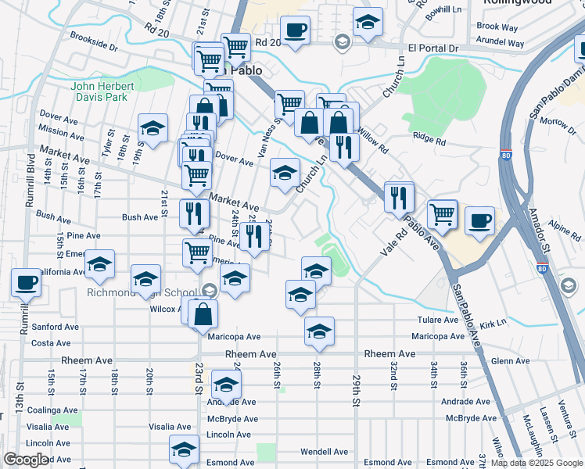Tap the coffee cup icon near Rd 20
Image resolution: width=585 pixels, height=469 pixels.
coord(295,31)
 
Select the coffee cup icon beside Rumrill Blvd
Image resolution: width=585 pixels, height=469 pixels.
coord(26,282)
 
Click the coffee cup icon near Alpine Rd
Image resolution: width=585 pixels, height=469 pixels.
coord(479,220)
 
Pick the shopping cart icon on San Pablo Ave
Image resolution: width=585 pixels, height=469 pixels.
coord(442,213)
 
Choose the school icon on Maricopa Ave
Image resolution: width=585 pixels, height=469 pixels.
coord(319,331)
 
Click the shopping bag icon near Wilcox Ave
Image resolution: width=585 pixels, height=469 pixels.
coord(203,313)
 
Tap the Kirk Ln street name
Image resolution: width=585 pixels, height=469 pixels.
coord(493,322)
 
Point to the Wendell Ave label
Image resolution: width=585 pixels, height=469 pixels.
coord(324,452)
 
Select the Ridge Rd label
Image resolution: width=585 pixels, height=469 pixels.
coord(429,141)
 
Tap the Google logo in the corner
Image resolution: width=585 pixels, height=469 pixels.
coord(26,460)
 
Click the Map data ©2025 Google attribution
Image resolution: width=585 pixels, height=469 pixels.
coord(537,464)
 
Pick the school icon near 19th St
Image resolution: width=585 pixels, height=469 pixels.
coord(153,128)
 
